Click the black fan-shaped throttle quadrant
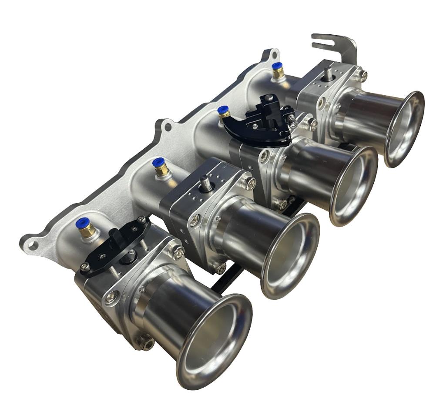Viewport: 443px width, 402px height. [x=257, y=126]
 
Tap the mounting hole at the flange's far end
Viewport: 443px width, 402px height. [x=272, y=55]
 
